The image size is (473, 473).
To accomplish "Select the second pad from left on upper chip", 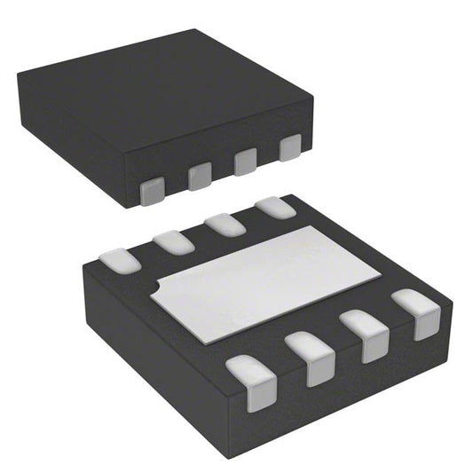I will click(200, 177).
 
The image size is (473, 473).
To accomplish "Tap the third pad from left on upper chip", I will click(245, 162).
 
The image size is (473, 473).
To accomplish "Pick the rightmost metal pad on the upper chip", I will click(289, 148).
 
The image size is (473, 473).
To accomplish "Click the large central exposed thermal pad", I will click(262, 280).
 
